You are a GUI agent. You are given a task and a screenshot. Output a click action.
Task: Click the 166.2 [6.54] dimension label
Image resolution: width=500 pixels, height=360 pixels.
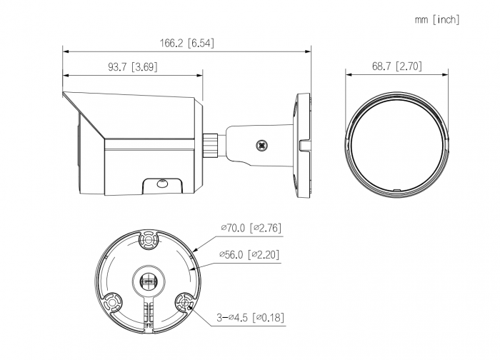[187, 43]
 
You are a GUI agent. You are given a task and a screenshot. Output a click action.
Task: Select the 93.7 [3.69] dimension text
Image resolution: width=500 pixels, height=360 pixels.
[133, 67]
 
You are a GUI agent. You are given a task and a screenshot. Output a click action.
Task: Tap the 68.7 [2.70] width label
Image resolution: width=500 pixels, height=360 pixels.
[396, 66]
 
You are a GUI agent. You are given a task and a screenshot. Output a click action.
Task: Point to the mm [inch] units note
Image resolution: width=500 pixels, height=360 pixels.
[437, 20]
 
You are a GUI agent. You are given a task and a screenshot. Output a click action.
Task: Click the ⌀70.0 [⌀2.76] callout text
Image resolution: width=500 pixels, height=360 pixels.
[251, 228]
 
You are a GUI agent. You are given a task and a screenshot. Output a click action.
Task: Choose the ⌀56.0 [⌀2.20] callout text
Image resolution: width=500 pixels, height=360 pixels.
[249, 254]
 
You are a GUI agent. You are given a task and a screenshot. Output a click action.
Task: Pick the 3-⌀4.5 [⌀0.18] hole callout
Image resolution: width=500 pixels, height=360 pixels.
[250, 318]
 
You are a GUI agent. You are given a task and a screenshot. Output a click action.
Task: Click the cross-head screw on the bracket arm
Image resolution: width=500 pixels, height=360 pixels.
[262, 146]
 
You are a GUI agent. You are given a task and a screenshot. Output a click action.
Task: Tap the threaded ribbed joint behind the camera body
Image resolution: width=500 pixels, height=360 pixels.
[211, 145]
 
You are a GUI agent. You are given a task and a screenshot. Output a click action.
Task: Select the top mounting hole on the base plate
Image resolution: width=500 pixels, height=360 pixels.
[149, 240]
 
